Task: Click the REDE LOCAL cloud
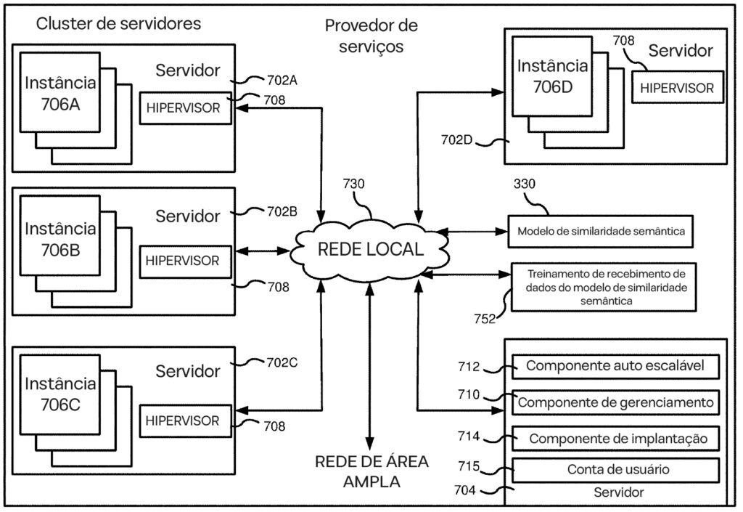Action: [369, 249]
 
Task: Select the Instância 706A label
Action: [60, 94]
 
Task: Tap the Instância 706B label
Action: [60, 239]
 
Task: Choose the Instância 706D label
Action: [553, 77]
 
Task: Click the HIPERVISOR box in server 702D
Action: [677, 89]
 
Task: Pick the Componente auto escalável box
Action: [615, 366]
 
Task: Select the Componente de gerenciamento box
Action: [615, 402]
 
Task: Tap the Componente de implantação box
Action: [615, 438]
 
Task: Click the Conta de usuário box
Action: [615, 469]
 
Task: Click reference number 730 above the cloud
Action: [355, 185]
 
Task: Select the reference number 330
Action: [524, 184]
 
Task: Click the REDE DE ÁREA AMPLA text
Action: [371, 471]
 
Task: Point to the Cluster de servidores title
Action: [118, 24]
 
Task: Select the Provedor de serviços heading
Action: [371, 36]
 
